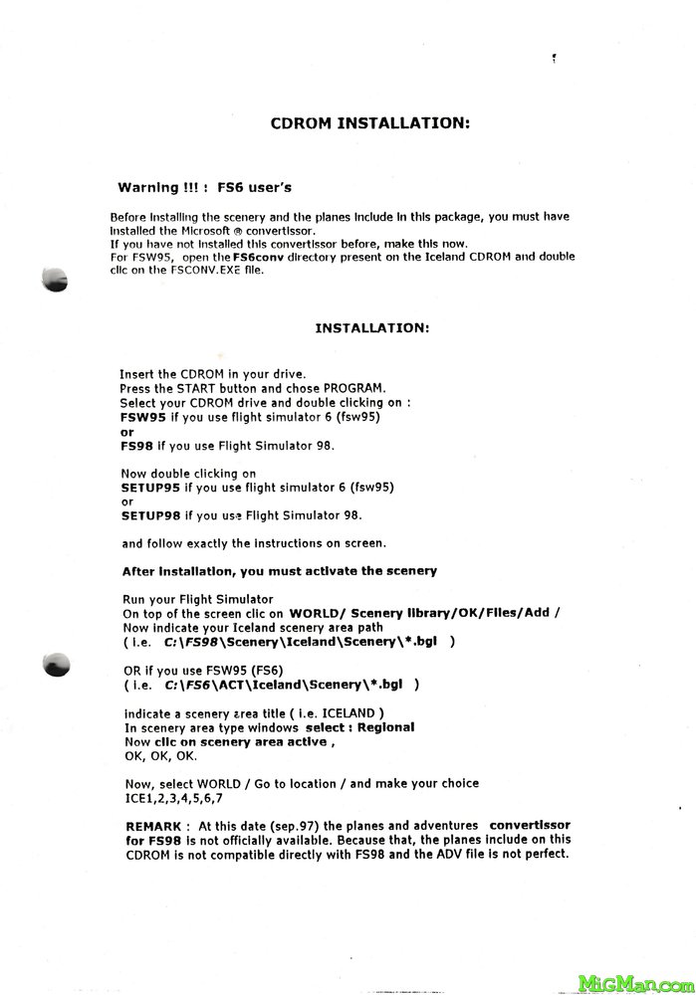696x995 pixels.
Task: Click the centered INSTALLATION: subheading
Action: pos(372,326)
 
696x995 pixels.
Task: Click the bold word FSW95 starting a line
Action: pos(140,418)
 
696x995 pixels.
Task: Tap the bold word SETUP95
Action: pos(150,489)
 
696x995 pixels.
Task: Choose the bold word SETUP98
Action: pos(150,515)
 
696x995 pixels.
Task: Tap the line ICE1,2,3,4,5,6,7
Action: pos(173,797)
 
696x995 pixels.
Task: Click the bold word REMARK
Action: pos(152,826)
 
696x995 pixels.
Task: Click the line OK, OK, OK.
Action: pos(153,755)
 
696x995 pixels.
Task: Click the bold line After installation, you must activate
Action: pos(279,571)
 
